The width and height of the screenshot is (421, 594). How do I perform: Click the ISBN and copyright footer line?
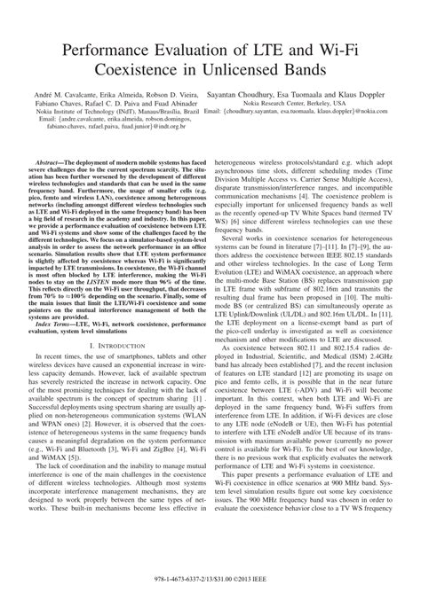point(210,578)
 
